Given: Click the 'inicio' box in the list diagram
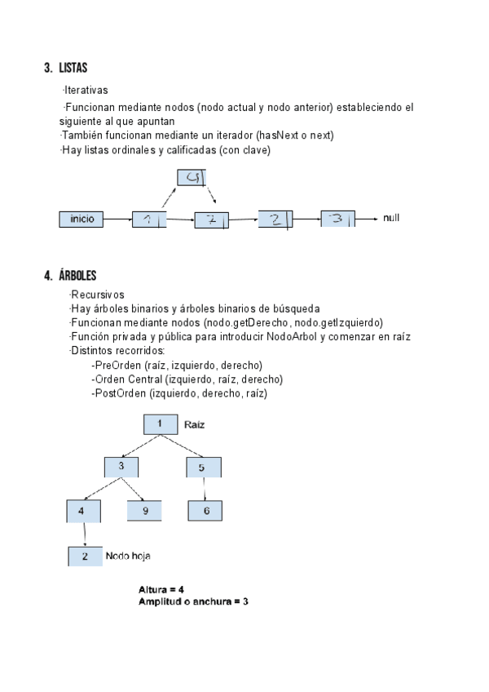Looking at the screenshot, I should coord(81,219).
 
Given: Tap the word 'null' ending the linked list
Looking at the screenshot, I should coord(391,219).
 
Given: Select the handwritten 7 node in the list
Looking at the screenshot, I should coord(211,220).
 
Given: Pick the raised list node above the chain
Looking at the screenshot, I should coord(192,177).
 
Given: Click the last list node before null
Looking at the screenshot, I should coord(337,219).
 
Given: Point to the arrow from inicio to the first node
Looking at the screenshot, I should coord(118,219).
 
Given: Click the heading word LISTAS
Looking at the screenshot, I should coord(73,68).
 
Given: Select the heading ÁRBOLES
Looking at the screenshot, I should coord(77,275).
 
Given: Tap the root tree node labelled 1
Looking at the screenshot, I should coord(161,424).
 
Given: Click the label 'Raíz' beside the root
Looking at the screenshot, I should coord(195,424).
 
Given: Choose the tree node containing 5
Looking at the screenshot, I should coord(203,468).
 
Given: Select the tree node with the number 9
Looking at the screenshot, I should coord(144,511).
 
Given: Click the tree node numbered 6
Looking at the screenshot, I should coord(205,511).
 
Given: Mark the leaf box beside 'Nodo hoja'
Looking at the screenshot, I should coord(85,557).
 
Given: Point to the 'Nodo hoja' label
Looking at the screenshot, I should coord(128,556).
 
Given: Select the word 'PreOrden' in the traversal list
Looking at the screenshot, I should coord(114,365).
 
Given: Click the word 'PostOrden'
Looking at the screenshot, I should coord(117,393).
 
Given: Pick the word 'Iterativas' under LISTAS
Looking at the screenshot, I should coord(86,90).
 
